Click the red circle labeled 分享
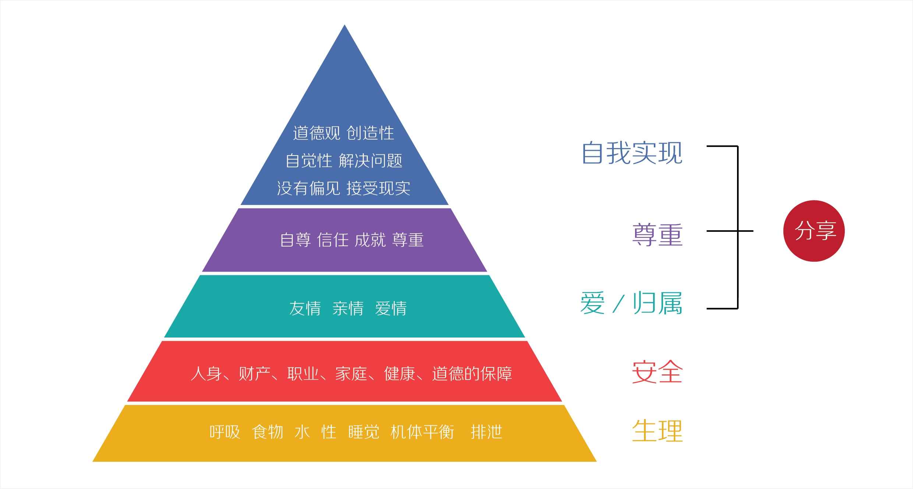814,231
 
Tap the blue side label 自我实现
632,153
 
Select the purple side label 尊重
658,235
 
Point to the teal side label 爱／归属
631,303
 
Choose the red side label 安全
658,372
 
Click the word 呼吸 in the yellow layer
225,432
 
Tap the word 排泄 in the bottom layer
486,432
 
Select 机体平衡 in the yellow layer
422,432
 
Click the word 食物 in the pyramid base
268,432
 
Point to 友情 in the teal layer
305,308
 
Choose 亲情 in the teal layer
348,308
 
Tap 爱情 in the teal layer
391,308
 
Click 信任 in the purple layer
333,240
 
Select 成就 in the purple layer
370,240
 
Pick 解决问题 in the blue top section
370,161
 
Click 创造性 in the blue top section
370,133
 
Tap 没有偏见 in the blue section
309,188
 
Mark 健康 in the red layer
400,374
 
